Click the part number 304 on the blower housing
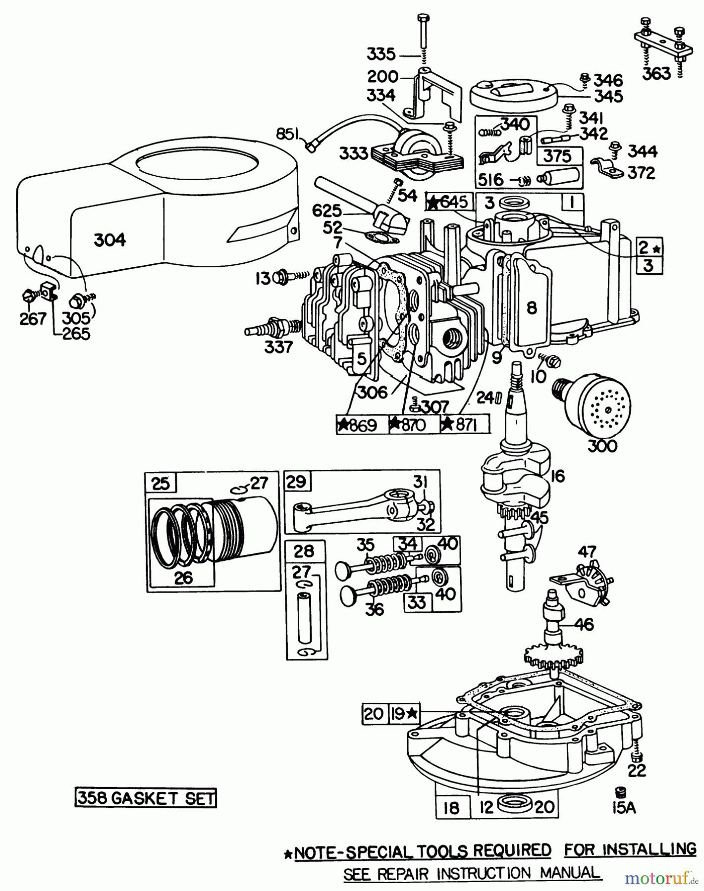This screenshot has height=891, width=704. (x=109, y=240)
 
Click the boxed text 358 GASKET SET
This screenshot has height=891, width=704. (x=146, y=798)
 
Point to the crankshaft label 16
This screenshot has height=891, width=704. (x=557, y=476)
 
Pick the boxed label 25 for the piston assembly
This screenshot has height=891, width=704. (x=160, y=483)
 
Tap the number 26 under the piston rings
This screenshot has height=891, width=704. (x=184, y=577)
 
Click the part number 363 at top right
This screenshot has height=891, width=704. (x=656, y=73)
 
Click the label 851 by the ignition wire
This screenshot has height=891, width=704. (x=290, y=134)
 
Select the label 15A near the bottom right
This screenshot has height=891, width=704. (x=623, y=807)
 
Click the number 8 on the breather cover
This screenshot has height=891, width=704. (x=531, y=308)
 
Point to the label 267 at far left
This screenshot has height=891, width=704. (x=33, y=319)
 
